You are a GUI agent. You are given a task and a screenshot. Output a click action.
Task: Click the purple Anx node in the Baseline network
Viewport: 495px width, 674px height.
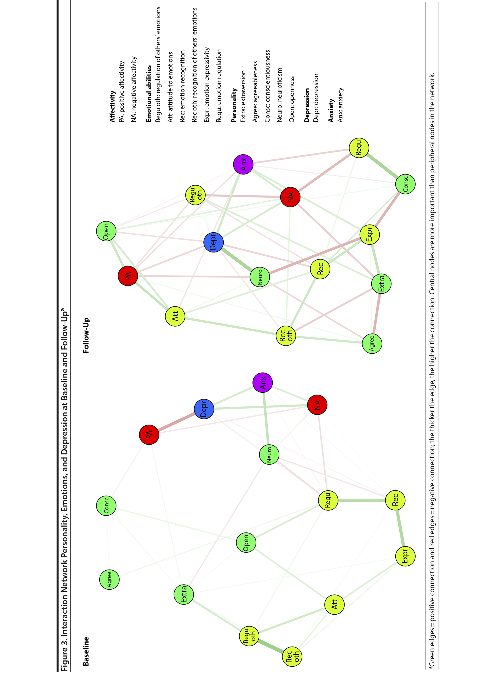coord(263,382)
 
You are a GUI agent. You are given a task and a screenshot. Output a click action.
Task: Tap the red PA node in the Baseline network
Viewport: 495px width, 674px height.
coord(149,434)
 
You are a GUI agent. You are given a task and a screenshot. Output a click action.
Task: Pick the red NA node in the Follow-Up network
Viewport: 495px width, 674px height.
coord(290,197)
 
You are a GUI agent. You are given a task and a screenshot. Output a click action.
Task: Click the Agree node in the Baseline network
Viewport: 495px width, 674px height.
coord(109,579)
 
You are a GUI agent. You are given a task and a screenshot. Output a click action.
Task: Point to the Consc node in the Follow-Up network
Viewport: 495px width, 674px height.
coord(405,184)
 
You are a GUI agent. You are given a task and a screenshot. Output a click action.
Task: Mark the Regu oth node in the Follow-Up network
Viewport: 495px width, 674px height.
coord(195,195)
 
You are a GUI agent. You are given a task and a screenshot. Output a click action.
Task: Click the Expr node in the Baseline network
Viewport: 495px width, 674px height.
coord(405,556)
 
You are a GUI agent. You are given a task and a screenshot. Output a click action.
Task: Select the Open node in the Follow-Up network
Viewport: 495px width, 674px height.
coord(106,231)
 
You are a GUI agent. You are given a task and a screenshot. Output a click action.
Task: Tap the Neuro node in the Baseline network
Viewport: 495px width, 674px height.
coord(269,454)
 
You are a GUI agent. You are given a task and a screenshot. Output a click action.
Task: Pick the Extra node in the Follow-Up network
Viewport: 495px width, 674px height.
coord(381,283)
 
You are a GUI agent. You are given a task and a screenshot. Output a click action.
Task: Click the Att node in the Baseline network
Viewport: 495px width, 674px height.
coord(334,604)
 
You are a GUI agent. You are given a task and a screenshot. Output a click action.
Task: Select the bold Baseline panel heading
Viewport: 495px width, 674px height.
coord(86,651)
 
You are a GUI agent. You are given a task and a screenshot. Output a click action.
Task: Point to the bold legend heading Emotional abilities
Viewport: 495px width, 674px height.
coord(149,94)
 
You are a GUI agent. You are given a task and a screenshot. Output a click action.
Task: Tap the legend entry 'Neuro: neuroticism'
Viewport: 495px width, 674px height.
coord(279,95)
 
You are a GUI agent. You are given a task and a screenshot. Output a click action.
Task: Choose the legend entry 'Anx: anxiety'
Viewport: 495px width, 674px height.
coord(340,105)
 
